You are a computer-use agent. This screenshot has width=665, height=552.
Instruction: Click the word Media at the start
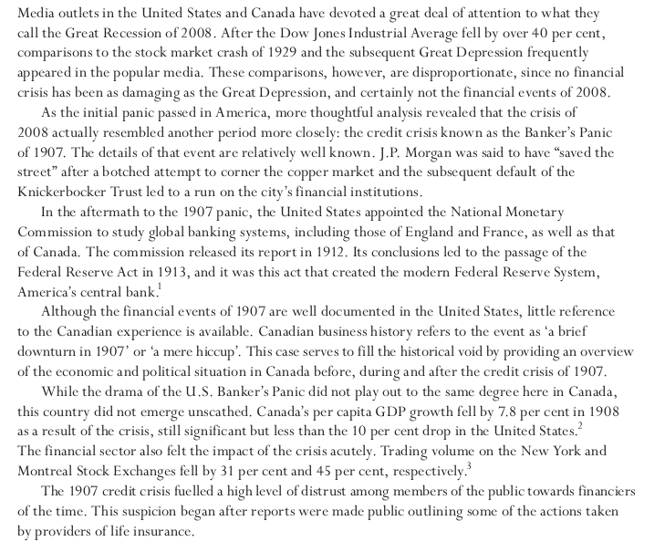coord(36,13)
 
